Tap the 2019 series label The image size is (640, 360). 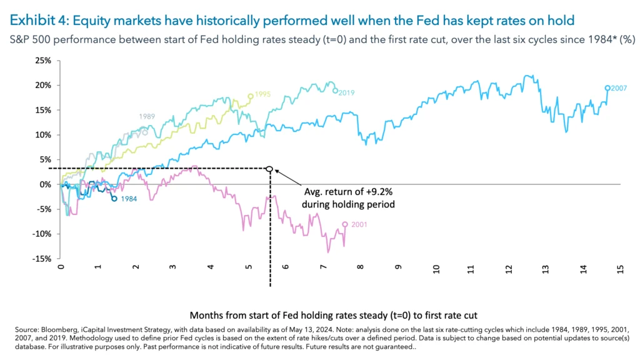347,92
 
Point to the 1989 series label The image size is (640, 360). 147,117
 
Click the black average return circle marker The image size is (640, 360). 269,169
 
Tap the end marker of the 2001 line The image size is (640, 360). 345,224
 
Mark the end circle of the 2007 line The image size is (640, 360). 607,88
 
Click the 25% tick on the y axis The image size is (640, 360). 43,61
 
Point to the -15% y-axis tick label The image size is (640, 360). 42,259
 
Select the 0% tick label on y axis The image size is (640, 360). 46,184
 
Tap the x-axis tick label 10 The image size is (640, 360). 435,269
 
